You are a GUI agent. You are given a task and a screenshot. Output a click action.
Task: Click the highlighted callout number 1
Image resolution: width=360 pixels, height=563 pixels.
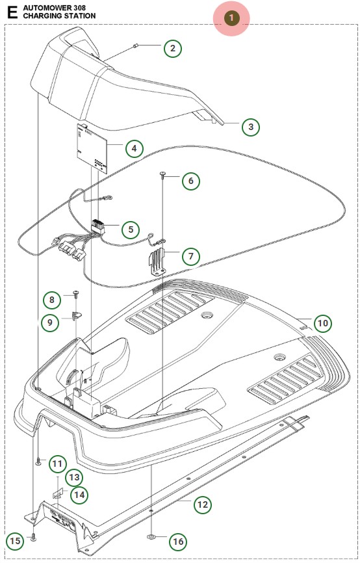click(x=231, y=18)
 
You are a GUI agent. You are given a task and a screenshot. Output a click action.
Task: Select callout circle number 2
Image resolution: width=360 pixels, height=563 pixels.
click(x=173, y=49)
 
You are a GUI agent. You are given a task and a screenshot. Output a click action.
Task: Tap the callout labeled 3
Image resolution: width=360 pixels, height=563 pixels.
click(x=251, y=127)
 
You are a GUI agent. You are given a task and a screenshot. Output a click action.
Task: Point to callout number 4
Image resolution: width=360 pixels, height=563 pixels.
click(x=134, y=148)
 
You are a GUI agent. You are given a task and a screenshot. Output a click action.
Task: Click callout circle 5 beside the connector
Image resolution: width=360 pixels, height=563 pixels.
click(x=131, y=229)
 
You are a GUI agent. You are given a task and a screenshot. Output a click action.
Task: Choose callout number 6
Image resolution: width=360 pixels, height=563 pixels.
click(x=190, y=181)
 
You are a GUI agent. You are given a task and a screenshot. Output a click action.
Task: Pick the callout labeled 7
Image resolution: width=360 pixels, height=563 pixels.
click(x=190, y=256)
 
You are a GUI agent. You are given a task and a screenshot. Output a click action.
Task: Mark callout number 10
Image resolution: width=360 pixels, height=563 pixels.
click(x=323, y=323)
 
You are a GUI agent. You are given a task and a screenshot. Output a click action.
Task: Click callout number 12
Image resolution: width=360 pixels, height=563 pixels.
click(x=203, y=505)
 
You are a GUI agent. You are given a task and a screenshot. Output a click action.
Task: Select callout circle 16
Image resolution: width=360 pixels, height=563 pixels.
click(x=178, y=541)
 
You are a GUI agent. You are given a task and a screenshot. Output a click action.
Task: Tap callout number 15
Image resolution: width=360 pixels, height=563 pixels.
click(x=15, y=541)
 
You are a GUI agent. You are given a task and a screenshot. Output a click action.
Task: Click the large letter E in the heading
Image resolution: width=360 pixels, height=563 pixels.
click(x=12, y=12)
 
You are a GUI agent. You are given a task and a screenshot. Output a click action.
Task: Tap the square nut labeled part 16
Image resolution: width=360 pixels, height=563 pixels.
click(x=151, y=537)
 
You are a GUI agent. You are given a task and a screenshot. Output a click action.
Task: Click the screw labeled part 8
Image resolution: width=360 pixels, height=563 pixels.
click(x=76, y=295)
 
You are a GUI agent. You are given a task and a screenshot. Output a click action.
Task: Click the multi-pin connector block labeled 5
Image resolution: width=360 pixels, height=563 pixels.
click(x=97, y=227)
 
